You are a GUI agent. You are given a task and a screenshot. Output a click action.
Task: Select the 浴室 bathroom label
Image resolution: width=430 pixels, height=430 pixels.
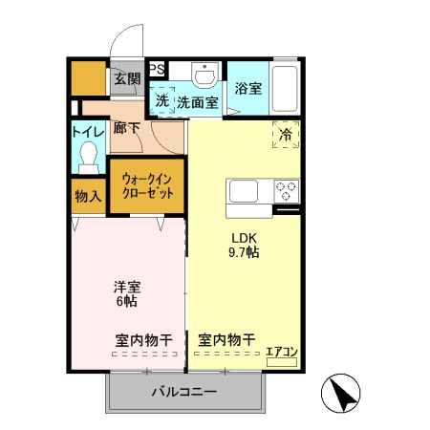248,89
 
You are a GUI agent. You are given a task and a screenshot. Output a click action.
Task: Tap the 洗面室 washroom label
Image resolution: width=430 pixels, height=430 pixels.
198,101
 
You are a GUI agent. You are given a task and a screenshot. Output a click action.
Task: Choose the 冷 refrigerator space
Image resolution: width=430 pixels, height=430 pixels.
286,135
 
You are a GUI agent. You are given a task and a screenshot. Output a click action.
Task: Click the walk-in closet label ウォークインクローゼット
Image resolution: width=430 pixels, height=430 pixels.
147,185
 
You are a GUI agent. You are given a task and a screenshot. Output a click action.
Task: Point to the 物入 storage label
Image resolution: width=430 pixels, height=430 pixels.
88,196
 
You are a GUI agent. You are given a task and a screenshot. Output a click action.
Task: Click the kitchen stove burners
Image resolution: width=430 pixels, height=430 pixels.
286,190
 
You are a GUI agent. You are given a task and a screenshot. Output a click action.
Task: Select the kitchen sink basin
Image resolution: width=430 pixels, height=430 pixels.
243,190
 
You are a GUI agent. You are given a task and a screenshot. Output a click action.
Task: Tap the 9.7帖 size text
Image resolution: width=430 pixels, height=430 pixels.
243,253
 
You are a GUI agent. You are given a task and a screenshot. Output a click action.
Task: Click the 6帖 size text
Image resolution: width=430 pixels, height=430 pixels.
125,301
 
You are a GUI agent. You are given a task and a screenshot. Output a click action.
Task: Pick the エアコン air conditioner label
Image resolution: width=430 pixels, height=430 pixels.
282,352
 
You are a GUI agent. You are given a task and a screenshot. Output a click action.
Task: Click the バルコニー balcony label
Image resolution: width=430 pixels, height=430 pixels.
184,392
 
